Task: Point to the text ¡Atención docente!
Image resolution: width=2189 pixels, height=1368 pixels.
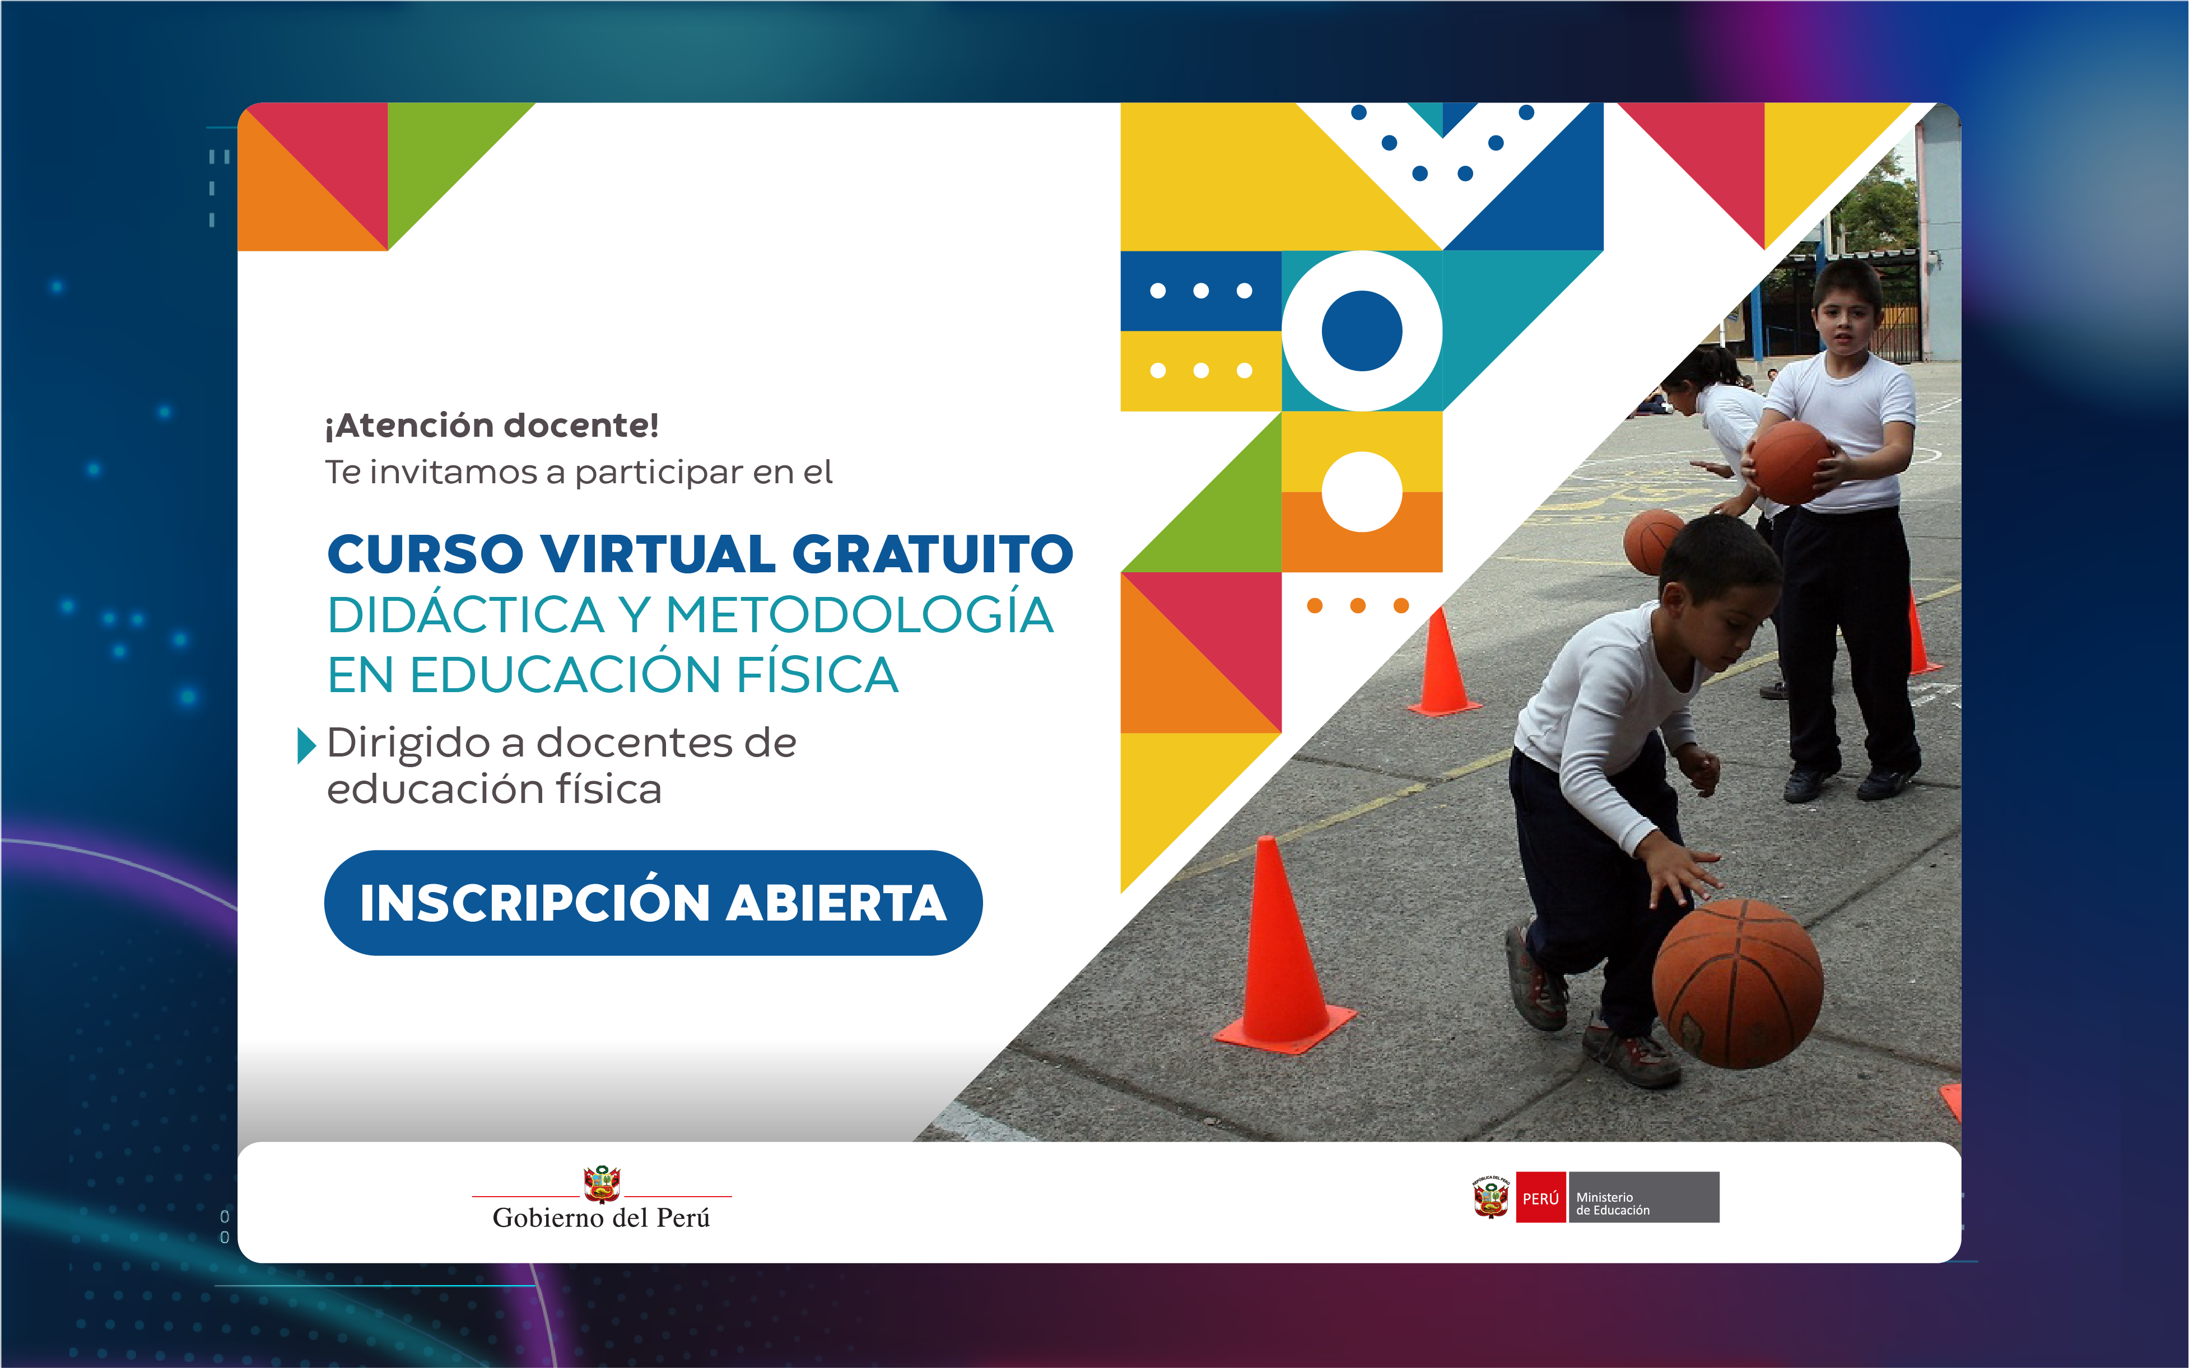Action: [491, 425]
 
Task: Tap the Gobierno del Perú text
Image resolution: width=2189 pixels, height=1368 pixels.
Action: [601, 1218]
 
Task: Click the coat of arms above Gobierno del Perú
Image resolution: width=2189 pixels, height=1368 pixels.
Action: [602, 1183]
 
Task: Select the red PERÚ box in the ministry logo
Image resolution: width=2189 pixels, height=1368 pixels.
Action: [1540, 1197]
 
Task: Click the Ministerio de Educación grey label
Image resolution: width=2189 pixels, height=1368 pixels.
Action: [1644, 1197]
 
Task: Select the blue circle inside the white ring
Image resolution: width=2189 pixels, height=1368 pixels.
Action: [1362, 331]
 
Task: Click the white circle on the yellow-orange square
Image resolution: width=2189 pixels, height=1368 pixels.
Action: [1362, 491]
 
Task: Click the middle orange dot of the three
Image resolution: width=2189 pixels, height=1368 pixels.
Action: [1357, 605]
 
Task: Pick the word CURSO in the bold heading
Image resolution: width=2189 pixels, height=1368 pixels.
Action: [425, 554]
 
